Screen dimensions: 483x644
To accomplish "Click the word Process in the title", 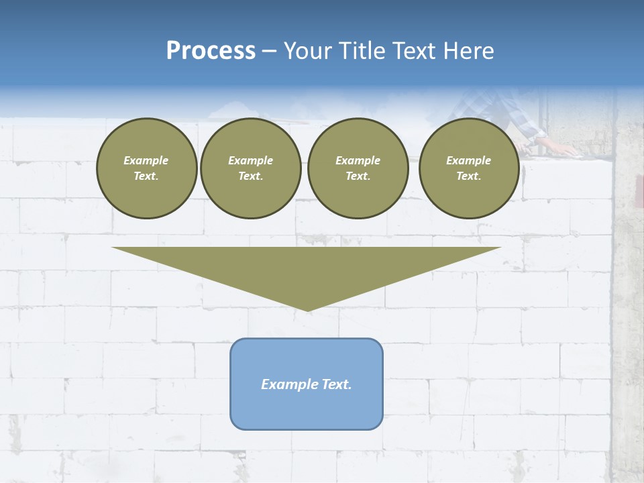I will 211,51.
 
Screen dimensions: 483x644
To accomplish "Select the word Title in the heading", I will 362,51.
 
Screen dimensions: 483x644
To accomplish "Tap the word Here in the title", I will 468,51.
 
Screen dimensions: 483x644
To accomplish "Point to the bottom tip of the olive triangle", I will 307,309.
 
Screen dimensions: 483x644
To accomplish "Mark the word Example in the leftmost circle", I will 146,160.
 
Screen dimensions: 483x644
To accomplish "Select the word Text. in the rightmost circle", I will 468,176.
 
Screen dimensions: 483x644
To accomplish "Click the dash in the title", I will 270,51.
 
